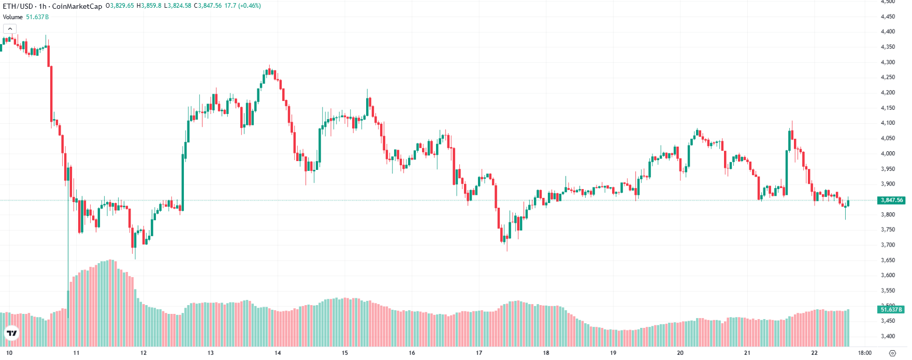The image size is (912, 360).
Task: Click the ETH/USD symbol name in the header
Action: (x=18, y=6)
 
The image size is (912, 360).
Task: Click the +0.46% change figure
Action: (x=250, y=6)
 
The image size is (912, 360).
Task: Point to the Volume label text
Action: (x=13, y=17)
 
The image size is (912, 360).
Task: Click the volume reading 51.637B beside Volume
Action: (x=37, y=17)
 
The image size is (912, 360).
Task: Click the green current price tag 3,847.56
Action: (x=891, y=200)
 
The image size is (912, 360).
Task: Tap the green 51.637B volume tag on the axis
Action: (x=891, y=310)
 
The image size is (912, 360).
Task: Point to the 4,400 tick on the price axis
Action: (x=888, y=32)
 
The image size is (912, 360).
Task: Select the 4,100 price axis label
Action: (x=888, y=123)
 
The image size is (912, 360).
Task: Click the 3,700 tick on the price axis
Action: (x=888, y=245)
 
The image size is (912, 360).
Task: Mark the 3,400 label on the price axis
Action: (x=888, y=336)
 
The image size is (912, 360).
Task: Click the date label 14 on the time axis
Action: (x=278, y=353)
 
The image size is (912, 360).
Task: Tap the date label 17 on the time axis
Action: (x=479, y=353)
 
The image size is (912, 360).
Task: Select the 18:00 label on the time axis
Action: (x=864, y=353)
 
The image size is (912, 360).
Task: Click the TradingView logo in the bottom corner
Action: (x=11, y=334)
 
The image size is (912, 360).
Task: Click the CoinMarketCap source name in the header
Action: (x=77, y=6)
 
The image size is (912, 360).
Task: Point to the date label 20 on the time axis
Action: (x=680, y=353)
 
